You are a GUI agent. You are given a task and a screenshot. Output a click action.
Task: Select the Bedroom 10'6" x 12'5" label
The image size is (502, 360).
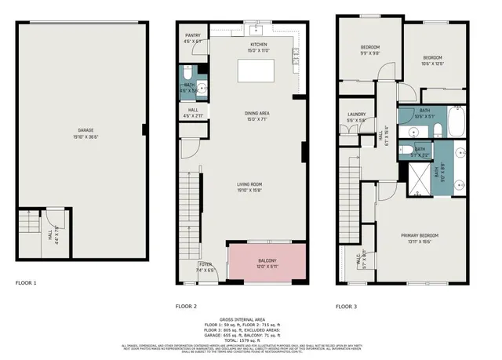[x=434, y=60]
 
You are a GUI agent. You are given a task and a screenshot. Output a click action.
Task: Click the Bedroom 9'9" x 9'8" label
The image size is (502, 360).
[x=370, y=49]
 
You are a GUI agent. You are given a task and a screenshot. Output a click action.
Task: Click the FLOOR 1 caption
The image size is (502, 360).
[x=26, y=282]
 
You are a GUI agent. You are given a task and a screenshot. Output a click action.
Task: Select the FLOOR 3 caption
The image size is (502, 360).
[x=346, y=307]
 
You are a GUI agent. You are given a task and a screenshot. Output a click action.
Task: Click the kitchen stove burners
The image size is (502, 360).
[x=295, y=56]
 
